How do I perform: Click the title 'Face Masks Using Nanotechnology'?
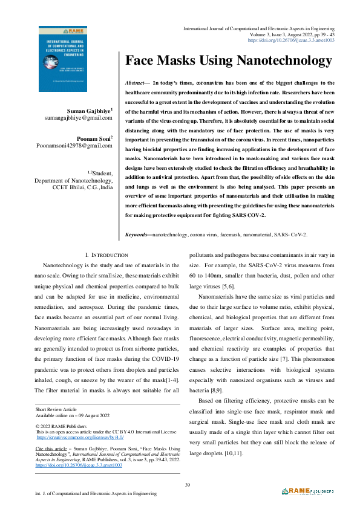(x=228, y=61)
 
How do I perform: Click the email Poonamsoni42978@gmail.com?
(x=74, y=146)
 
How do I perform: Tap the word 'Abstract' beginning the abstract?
(x=134, y=82)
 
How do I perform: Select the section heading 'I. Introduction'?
(x=106, y=256)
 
